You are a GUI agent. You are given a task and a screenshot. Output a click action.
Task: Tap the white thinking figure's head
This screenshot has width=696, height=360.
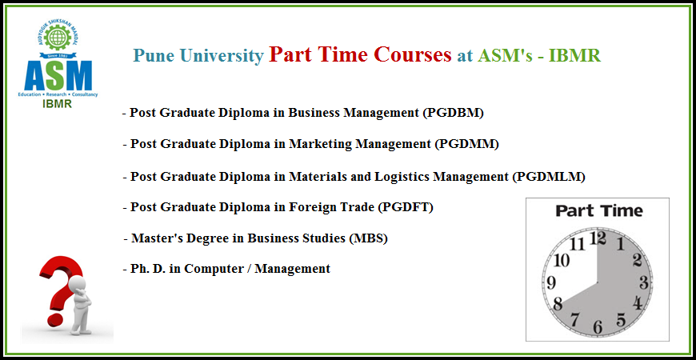click(x=78, y=284)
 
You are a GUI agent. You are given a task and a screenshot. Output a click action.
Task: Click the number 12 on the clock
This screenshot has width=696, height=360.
click(x=598, y=239)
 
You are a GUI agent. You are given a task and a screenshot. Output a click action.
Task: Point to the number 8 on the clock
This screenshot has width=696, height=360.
click(x=558, y=305)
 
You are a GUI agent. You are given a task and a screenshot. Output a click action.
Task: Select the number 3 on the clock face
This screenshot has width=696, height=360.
click(x=644, y=282)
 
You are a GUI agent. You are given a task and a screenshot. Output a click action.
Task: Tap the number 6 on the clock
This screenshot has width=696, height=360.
click(x=598, y=327)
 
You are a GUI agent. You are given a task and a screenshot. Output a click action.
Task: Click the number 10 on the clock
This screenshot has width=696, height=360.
click(x=562, y=261)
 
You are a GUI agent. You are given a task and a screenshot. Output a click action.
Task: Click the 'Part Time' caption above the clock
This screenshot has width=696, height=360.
click(x=598, y=210)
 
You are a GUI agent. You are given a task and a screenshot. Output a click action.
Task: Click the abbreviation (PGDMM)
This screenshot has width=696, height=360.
click(x=466, y=144)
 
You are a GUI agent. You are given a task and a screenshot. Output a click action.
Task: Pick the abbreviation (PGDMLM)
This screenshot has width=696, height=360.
click(x=549, y=177)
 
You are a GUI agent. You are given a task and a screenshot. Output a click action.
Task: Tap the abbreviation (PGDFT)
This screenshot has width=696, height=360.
click(x=406, y=207)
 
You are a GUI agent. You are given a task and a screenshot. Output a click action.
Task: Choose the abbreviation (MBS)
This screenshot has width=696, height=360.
click(x=369, y=238)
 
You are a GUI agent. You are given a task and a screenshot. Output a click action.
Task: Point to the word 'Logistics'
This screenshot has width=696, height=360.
click(x=402, y=177)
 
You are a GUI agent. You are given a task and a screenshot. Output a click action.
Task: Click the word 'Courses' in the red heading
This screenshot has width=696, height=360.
click(x=412, y=54)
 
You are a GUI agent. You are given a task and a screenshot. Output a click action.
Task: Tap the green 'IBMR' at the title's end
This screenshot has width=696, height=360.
click(x=574, y=55)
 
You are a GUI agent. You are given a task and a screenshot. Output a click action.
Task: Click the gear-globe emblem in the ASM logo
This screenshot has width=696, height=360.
click(x=58, y=38)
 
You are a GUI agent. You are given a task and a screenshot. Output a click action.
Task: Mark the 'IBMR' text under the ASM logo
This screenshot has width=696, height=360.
click(x=58, y=104)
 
